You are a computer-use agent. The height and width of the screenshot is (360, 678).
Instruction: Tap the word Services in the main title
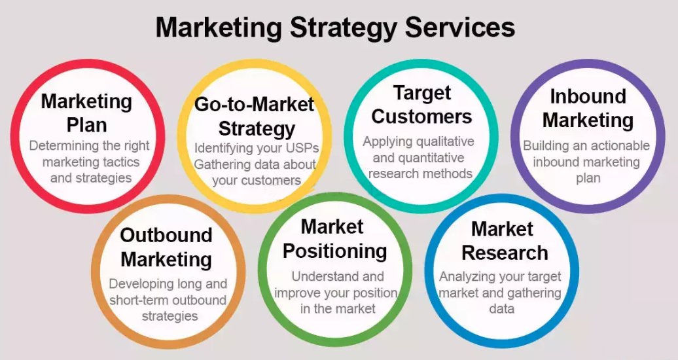pos(460,27)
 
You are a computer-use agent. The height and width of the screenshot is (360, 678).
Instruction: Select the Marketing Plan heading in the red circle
pos(86,113)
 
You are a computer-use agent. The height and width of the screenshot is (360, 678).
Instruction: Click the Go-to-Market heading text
pos(254,105)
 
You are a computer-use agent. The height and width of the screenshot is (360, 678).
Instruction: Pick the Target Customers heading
pos(421,105)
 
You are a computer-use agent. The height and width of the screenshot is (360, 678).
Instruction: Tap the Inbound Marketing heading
pos(588,108)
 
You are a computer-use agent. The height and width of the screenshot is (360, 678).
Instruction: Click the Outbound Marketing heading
pos(166,247)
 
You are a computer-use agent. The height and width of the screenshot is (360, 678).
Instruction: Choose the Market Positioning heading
pos(334,240)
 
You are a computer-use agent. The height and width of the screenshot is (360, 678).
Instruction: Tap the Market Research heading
pos(505,241)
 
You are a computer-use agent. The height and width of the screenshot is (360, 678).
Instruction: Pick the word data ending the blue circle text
pos(501,309)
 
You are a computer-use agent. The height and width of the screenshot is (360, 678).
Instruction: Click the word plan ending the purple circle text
pos(588,178)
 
